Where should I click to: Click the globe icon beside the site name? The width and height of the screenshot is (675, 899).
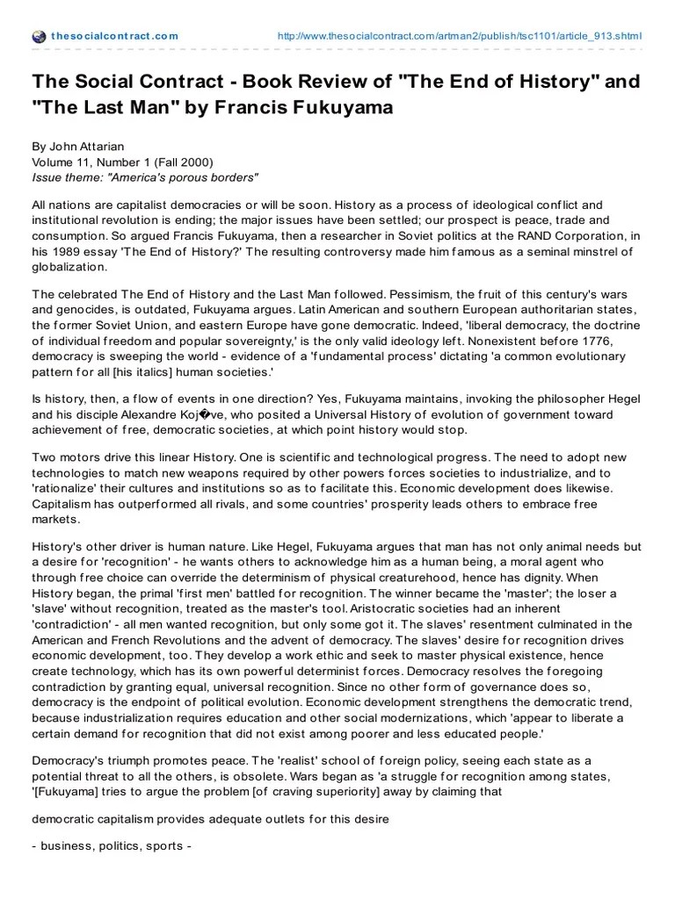pyautogui.click(x=38, y=36)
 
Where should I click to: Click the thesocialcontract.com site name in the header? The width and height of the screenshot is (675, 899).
pyautogui.click(x=114, y=36)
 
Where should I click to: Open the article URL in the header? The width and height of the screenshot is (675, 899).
pyautogui.click(x=459, y=36)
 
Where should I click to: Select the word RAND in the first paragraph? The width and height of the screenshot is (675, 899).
pyautogui.click(x=504, y=236)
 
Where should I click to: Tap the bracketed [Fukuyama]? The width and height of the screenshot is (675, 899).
pyautogui.click(x=71, y=791)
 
